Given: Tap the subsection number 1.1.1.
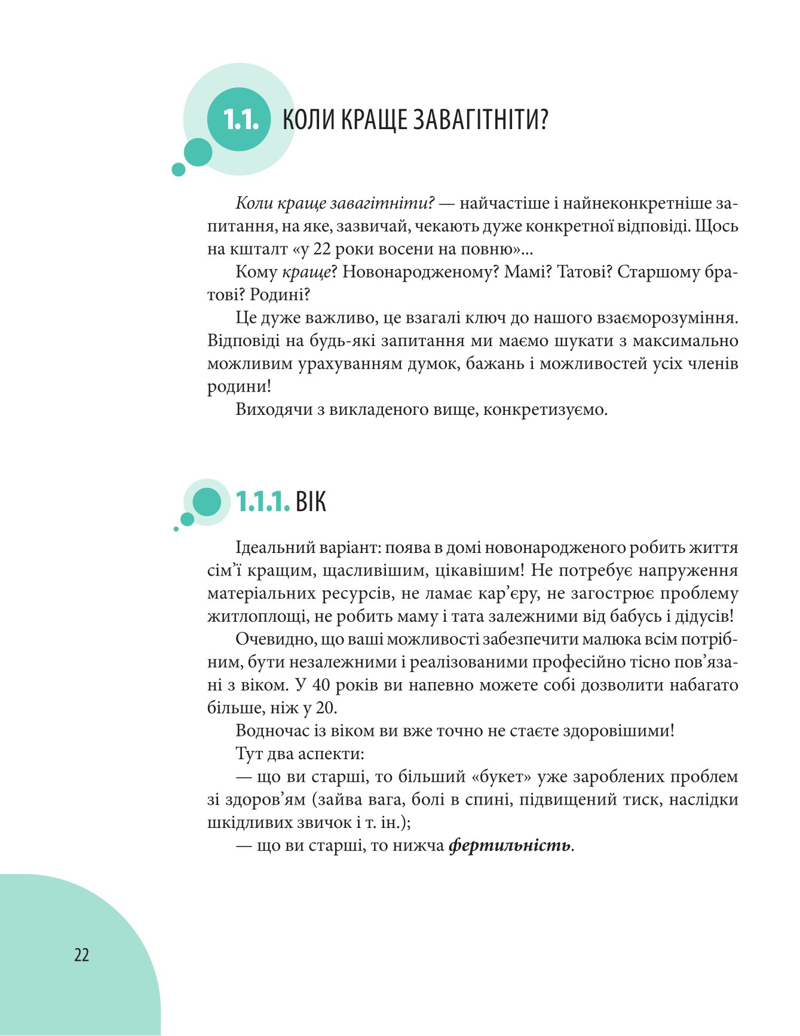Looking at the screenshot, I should point(263,502).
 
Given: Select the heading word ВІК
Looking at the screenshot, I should point(311,502).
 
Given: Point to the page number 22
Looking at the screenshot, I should point(81,955).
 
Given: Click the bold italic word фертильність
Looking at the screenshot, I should point(510,846).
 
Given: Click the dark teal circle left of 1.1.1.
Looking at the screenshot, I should point(207,502).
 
